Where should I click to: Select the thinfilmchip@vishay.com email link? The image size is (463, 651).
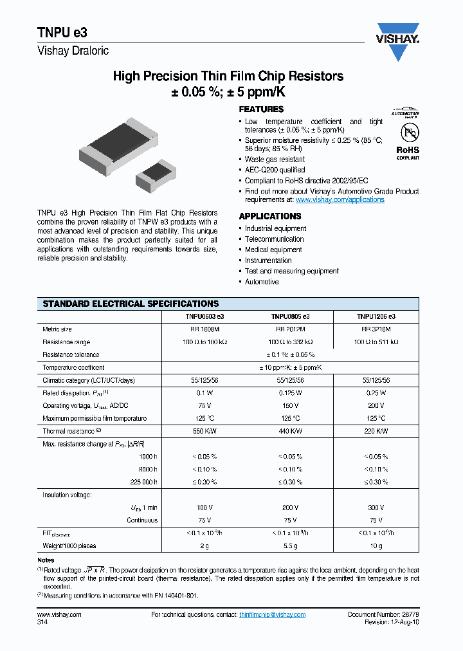pos(272,615)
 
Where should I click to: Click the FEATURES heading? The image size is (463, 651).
pos(261,109)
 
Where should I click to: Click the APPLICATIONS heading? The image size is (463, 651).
pos(270,216)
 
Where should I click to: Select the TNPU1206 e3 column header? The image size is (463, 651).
pos(376,316)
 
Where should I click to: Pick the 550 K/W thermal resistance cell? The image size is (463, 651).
pos(204,431)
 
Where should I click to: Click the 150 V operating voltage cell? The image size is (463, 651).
pos(290,406)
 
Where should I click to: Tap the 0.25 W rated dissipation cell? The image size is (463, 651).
pos(376,393)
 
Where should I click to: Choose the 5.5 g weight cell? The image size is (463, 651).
pos(290,546)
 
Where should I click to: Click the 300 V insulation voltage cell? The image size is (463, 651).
pos(376,508)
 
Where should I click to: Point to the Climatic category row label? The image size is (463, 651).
pos(89,380)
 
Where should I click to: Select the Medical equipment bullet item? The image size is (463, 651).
pos(273,250)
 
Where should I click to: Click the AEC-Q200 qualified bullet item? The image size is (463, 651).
pos(275,170)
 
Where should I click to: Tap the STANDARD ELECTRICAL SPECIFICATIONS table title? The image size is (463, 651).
pos(131,304)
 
